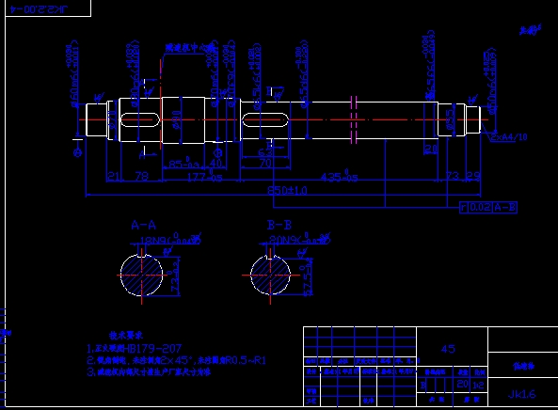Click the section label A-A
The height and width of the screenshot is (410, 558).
[x=143, y=226]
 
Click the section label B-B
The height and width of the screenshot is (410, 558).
[x=279, y=226]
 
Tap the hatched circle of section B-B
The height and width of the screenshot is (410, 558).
[x=274, y=276]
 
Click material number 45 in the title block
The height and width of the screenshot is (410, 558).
[x=448, y=349]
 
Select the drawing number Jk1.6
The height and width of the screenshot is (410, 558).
[x=522, y=393]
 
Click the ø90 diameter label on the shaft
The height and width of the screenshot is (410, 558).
[x=175, y=117]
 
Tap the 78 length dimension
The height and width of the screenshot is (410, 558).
[x=142, y=176]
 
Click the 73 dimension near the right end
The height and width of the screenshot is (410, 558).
[x=453, y=176]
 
